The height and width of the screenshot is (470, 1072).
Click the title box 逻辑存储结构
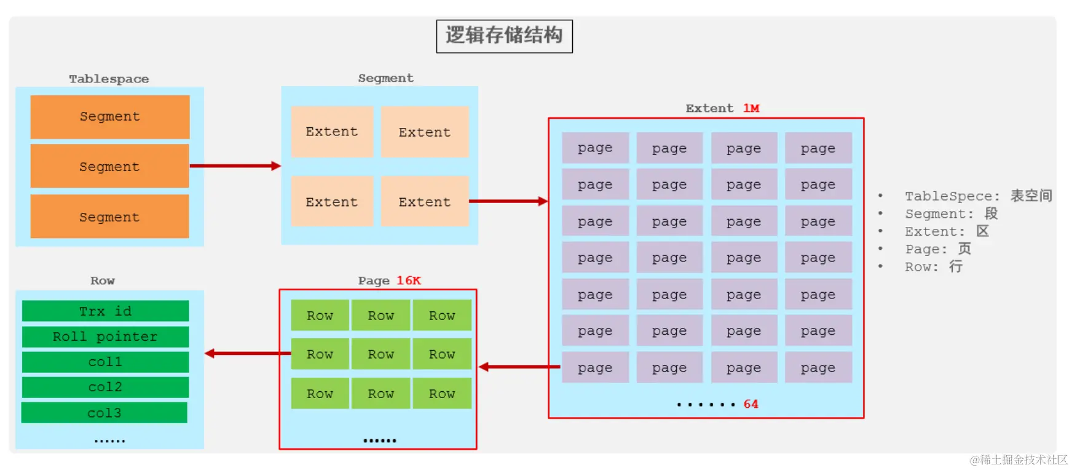504,36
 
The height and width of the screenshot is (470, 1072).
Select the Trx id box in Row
105,311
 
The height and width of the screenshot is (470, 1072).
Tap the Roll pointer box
105,337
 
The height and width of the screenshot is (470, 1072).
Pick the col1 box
105,362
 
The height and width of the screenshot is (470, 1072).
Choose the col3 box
104,413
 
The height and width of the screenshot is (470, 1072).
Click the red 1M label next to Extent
751,108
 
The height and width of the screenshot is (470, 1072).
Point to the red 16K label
409,281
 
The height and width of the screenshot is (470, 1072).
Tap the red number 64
751,404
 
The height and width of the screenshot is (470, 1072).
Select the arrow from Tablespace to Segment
235,165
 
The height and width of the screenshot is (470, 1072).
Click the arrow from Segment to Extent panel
508,201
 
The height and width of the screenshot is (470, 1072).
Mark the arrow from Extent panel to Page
519,367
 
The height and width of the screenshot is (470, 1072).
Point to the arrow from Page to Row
247,353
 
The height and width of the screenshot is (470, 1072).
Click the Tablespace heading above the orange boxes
109,79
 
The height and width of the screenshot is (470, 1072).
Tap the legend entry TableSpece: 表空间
978,196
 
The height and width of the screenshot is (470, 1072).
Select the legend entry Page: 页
938,249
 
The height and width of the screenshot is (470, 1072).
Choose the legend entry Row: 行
933,267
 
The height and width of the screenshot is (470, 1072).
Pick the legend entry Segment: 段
951,213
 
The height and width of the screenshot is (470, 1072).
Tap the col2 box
105,387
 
